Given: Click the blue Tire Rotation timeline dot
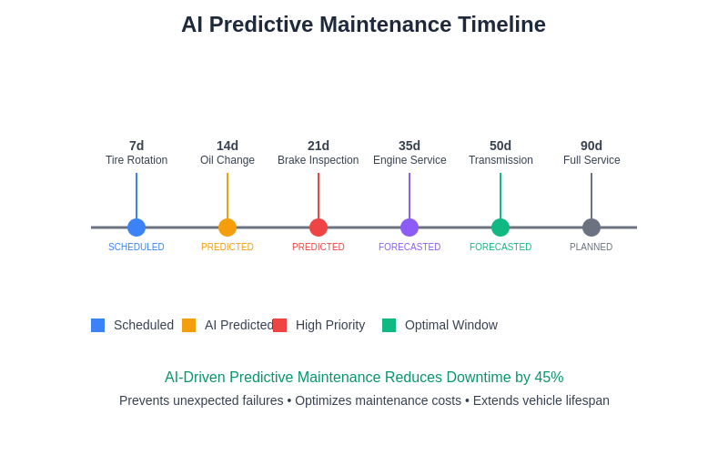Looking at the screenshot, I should [x=136, y=227].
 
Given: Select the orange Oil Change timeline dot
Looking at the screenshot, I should [x=227, y=227].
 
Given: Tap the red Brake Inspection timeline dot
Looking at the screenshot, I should [x=318, y=227].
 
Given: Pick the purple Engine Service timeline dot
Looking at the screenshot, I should [x=409, y=227].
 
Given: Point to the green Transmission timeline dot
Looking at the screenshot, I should [x=500, y=227].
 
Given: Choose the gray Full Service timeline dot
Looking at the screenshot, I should [x=591, y=227].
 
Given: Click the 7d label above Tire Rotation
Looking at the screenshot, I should [x=136, y=146].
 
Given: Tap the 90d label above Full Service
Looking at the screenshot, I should [x=591, y=146].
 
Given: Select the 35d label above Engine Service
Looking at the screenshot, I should [x=409, y=146].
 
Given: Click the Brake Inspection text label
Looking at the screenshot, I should [x=318, y=160].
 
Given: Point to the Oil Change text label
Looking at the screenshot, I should [x=227, y=160].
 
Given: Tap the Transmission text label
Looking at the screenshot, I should [x=500, y=160].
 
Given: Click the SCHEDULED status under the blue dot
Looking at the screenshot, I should [x=136, y=248].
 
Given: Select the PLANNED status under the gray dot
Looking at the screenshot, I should [x=591, y=248].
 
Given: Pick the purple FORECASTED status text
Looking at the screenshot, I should [x=409, y=248].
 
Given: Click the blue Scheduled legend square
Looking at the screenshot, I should [x=97, y=325].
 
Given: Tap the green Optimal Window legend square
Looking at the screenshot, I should [x=389, y=325].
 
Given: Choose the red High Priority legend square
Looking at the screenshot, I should [x=279, y=325].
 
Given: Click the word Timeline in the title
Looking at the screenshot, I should [x=501, y=25].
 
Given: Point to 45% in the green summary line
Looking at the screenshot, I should [x=549, y=378].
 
